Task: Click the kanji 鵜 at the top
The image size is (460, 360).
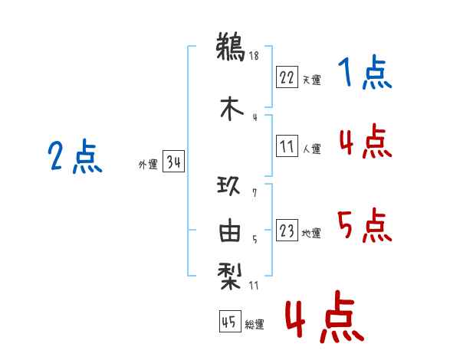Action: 231,47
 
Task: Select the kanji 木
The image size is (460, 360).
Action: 232,109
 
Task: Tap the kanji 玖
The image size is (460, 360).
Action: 228,185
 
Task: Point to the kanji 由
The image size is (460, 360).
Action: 230,231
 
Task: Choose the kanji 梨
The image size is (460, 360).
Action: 230,277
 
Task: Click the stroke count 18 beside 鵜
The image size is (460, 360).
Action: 254,55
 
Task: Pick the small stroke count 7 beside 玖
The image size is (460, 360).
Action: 255,193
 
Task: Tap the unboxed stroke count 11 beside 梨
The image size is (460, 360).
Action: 254,285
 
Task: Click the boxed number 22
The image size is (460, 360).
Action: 287,77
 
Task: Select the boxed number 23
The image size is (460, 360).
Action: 287,231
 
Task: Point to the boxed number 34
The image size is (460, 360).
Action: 174,162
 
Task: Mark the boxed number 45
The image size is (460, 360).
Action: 230,321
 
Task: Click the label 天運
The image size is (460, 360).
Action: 311,80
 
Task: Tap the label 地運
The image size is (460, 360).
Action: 311,234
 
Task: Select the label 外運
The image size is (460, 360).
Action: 148,165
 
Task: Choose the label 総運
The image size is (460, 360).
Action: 255,325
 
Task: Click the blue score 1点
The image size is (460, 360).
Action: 365,72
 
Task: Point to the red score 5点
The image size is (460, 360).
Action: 365,225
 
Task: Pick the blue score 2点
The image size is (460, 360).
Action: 75,156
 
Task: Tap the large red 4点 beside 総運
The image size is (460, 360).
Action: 325,316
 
